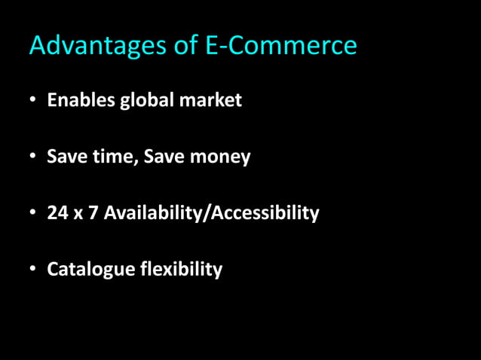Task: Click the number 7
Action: point(93,213)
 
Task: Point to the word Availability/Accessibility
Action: point(212,214)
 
